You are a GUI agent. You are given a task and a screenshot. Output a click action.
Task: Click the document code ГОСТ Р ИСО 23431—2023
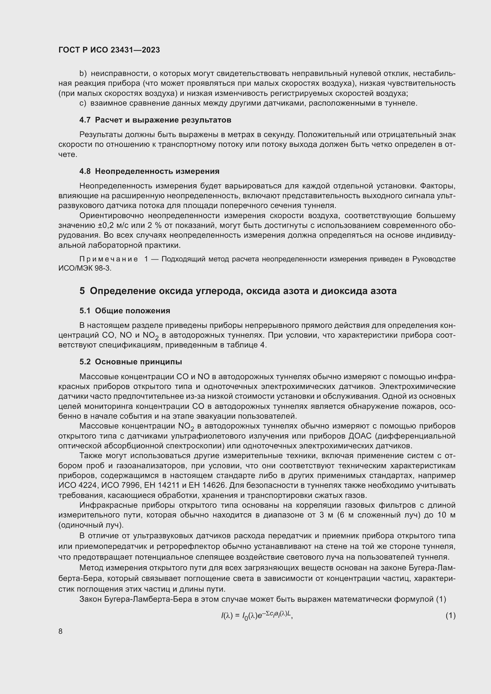pos(109,50)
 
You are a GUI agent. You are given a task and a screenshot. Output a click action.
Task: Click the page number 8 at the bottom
pos(61,631)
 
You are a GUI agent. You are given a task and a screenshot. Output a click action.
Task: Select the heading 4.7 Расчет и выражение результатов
pos(155,120)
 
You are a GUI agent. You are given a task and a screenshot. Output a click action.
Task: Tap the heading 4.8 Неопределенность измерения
pos(149,171)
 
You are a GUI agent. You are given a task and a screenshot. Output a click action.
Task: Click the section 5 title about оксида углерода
pos(238,291)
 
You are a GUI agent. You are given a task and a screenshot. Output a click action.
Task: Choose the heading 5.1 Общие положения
pos(125,311)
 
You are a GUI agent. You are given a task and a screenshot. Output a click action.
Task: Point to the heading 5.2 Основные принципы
pos(131,362)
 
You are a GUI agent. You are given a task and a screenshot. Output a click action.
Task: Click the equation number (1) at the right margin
pos(451,615)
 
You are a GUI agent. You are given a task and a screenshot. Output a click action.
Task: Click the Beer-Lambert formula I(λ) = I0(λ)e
pos(257,615)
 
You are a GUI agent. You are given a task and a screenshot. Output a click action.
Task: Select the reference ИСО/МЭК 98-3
pos(85,268)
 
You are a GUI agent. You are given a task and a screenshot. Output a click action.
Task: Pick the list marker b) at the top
pos(83,74)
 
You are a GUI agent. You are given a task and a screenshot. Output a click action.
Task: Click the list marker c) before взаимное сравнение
pos(83,103)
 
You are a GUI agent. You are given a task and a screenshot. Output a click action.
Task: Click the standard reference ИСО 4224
pos(77,485)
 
